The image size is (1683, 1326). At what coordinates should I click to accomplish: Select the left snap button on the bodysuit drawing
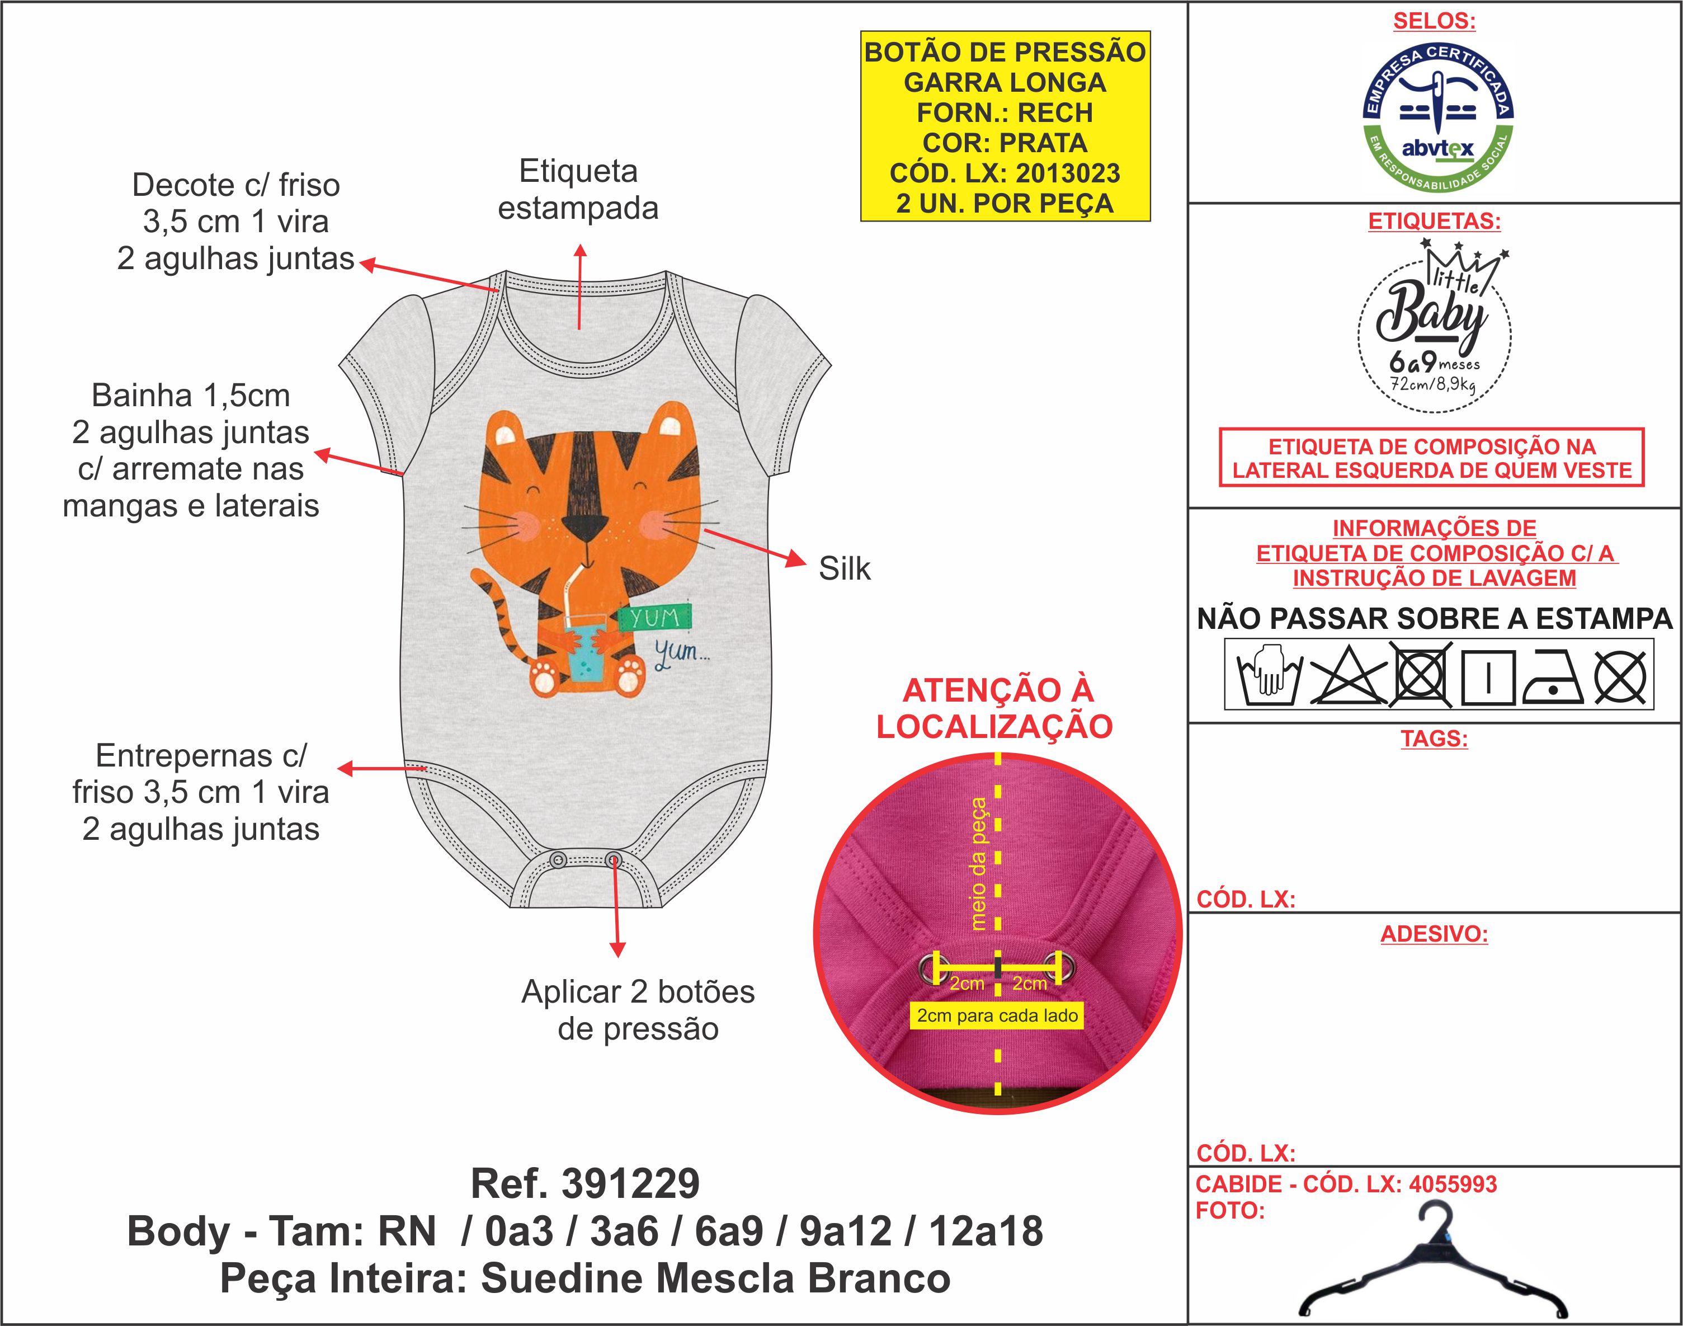557,860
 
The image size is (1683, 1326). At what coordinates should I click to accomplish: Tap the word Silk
844,569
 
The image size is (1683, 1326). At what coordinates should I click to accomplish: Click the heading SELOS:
1434,21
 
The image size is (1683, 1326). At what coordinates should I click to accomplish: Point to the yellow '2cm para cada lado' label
997,1015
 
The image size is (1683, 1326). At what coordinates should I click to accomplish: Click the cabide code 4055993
1453,1184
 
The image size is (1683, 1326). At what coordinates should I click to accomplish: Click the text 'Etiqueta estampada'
578,190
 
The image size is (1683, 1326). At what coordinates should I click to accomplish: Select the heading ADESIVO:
1434,934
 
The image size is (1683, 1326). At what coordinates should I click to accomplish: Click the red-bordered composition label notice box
1432,458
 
